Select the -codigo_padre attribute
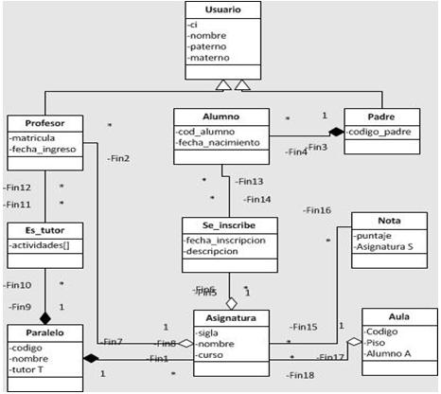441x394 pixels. tap(379, 132)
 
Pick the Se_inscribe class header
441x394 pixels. tap(230, 226)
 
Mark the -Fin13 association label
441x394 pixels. tap(250, 180)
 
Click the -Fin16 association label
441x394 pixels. tap(317, 210)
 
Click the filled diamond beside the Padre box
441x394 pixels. tap(336, 132)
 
